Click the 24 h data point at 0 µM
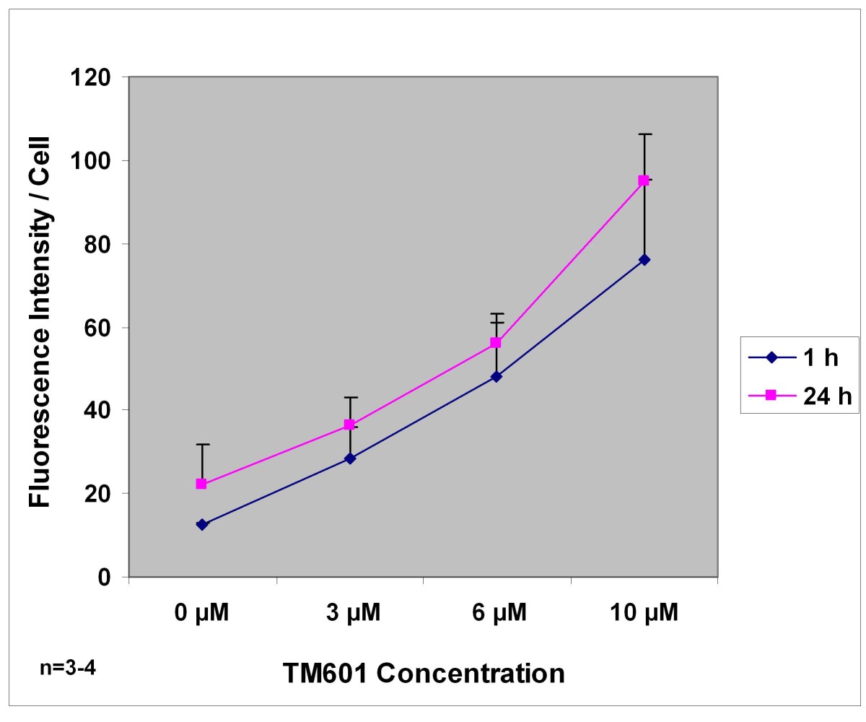point(201,484)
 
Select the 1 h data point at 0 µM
point(201,524)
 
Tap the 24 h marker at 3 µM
point(349,425)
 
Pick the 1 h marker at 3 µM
point(349,458)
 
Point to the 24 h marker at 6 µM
point(496,342)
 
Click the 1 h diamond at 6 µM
point(496,376)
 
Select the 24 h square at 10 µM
point(644,180)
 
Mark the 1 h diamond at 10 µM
point(644,259)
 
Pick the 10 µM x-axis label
point(643,614)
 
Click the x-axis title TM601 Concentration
point(423,673)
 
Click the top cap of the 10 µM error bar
point(644,134)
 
